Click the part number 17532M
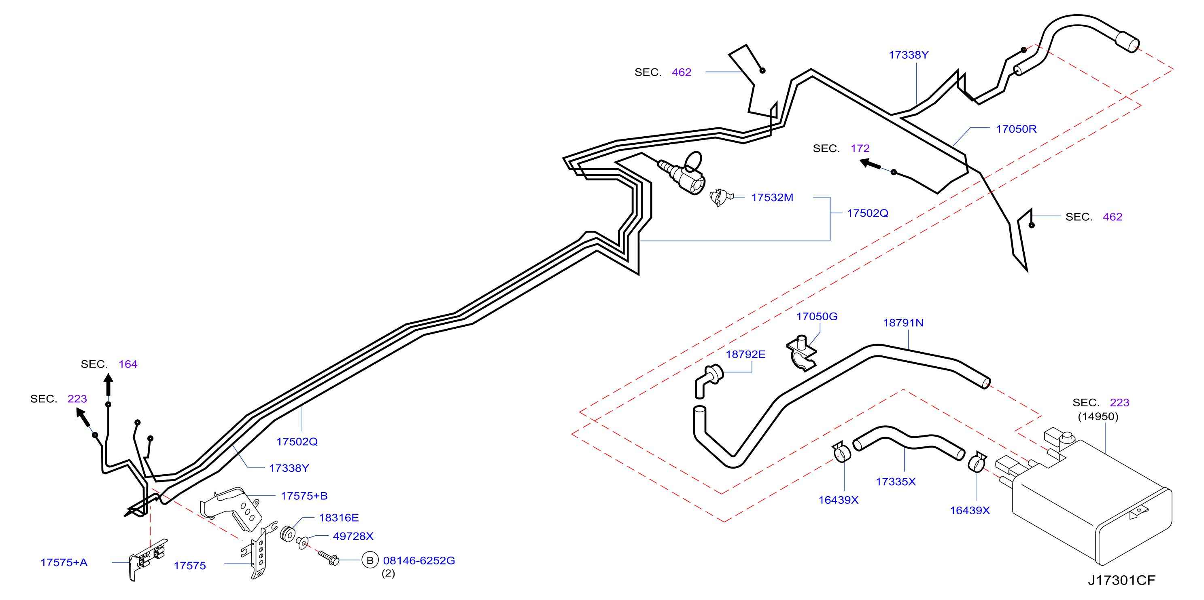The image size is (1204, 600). click(x=772, y=198)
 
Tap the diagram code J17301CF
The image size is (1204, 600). click(x=1121, y=580)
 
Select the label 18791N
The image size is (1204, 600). click(x=903, y=323)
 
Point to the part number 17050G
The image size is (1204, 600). click(x=817, y=317)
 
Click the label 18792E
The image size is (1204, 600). click(x=745, y=355)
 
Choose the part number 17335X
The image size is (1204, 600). click(x=896, y=482)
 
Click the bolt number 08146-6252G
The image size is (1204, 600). click(x=419, y=560)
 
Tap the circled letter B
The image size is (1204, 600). click(x=370, y=560)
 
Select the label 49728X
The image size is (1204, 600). click(x=353, y=536)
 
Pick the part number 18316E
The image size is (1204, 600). click(x=338, y=518)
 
